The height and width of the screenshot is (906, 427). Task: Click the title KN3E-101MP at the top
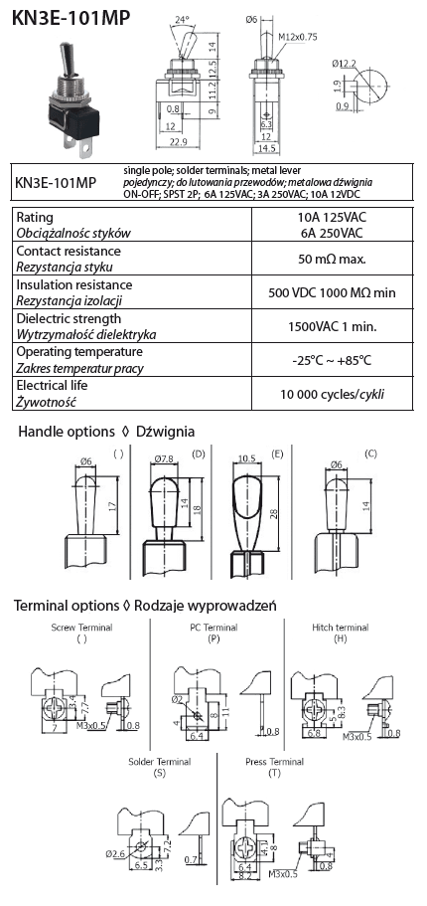point(71,19)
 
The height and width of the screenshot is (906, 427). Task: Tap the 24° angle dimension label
point(182,20)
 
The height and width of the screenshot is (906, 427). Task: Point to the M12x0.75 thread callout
point(298,37)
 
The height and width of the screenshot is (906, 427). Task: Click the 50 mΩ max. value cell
point(333,259)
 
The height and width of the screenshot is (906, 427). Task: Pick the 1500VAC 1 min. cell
point(333,326)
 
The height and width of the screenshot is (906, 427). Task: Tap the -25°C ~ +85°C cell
point(333,360)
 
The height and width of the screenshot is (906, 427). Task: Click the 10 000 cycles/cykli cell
point(333,394)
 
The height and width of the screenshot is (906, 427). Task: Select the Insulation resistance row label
point(74,284)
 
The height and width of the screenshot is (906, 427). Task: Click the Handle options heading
point(67,432)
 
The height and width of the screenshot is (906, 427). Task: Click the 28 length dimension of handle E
point(273,514)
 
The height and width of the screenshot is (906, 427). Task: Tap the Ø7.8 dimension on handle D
point(164,459)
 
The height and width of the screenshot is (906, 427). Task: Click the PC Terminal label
point(213,628)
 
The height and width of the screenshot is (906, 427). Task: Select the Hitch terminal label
point(341,628)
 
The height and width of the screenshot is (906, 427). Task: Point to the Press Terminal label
point(275,762)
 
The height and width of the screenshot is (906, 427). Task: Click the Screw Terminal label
point(82,628)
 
